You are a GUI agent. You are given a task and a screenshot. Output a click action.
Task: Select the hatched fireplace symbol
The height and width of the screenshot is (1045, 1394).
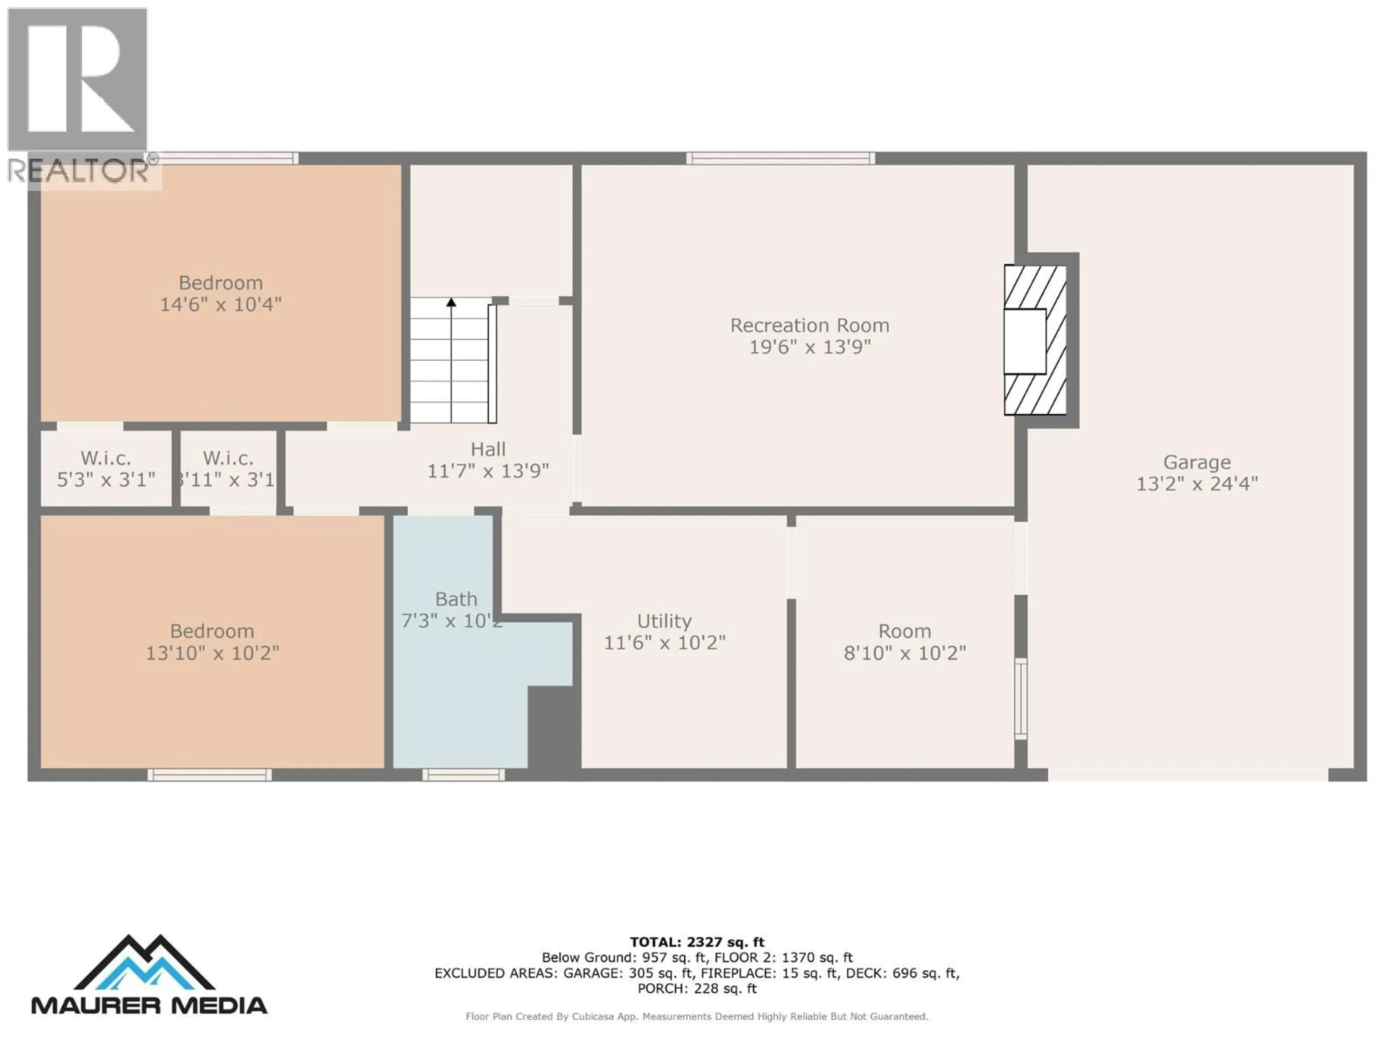pos(1035,340)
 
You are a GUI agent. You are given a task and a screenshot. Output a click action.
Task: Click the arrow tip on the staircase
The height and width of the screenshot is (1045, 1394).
pos(451,302)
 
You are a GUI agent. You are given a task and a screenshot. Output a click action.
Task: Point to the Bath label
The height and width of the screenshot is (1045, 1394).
pos(456,599)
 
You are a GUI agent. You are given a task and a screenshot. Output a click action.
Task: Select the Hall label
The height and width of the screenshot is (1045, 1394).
pos(488,449)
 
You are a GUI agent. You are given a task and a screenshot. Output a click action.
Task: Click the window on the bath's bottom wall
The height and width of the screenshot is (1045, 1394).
pos(463,775)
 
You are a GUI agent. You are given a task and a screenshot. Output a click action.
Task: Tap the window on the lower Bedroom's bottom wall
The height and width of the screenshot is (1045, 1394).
pos(210,775)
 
